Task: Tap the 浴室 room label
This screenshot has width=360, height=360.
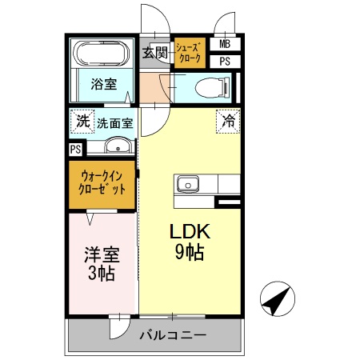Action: tap(102, 83)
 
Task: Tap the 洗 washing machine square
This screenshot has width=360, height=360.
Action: tap(82, 122)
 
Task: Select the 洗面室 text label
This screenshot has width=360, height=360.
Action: tap(115, 124)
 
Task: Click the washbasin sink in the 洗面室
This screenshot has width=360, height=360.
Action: tap(118, 146)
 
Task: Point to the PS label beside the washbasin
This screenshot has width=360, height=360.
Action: tap(75, 149)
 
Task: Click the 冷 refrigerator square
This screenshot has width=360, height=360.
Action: tap(228, 122)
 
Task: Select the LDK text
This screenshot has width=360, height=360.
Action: tap(188, 233)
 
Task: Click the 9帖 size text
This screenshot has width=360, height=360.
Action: tap(189, 254)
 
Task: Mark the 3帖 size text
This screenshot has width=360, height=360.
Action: tap(102, 274)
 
